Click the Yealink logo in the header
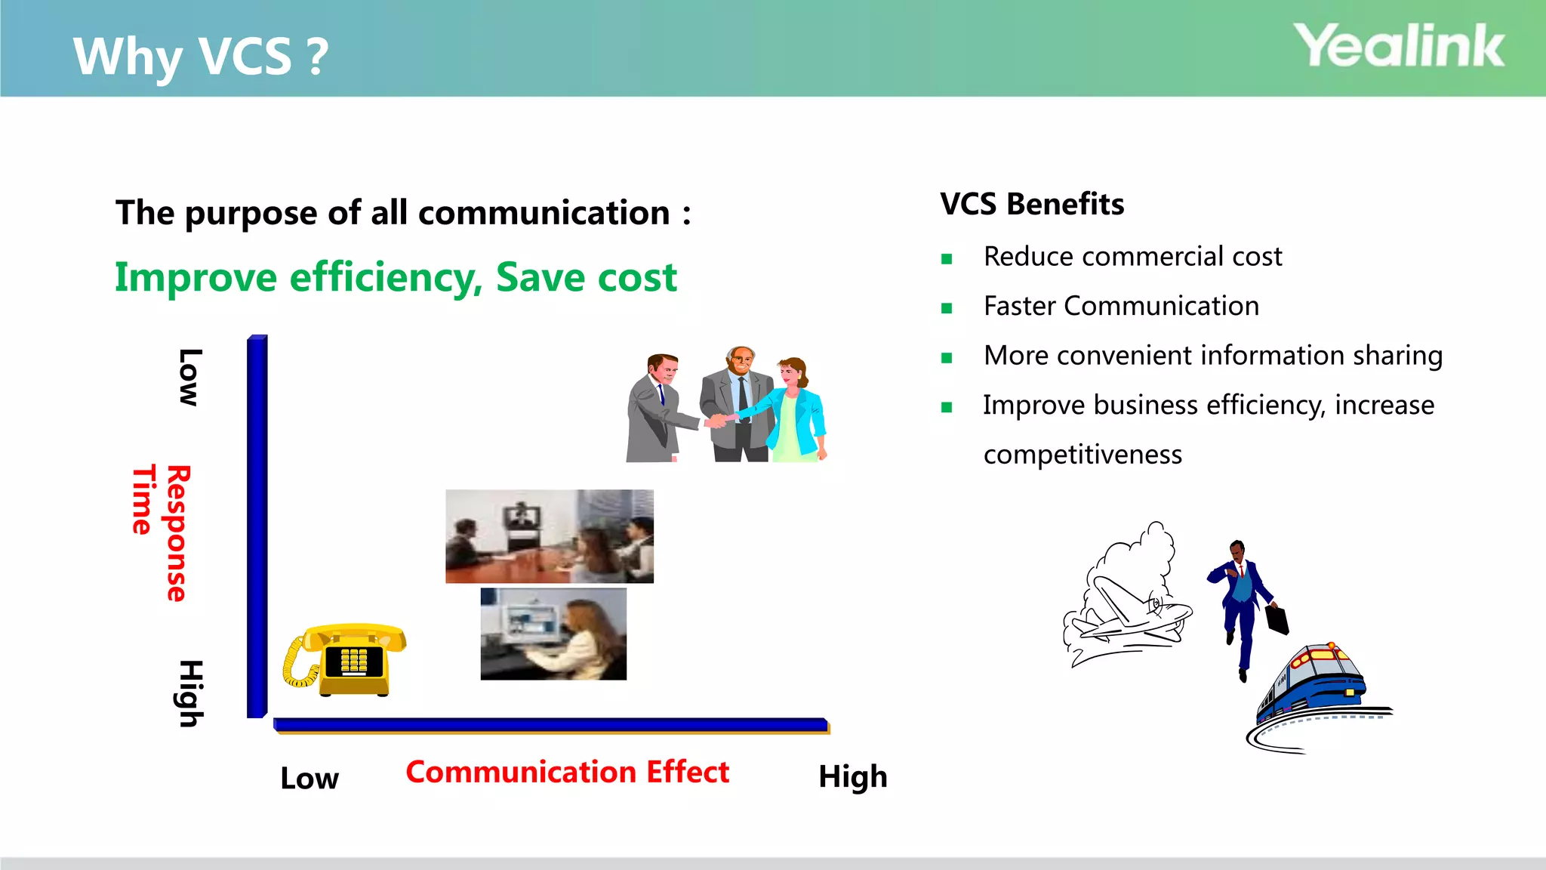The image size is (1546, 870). pyautogui.click(x=1399, y=47)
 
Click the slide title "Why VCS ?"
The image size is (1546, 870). pyautogui.click(x=201, y=56)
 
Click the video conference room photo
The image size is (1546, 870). pyautogui.click(x=550, y=536)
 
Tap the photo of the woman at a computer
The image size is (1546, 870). pyautogui.click(x=553, y=634)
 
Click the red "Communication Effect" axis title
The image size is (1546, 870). pyautogui.click(x=568, y=772)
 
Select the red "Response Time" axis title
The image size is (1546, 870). pyautogui.click(x=162, y=532)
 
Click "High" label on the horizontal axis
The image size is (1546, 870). pyautogui.click(x=853, y=777)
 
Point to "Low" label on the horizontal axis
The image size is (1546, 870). pyautogui.click(x=310, y=779)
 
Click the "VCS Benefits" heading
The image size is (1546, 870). pyautogui.click(x=1032, y=204)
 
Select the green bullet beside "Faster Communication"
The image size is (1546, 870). pyautogui.click(x=947, y=308)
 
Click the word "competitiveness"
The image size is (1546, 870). pyautogui.click(x=1083, y=455)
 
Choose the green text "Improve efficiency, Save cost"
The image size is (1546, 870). pyautogui.click(x=396, y=277)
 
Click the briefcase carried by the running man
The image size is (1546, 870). pyautogui.click(x=1277, y=619)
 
